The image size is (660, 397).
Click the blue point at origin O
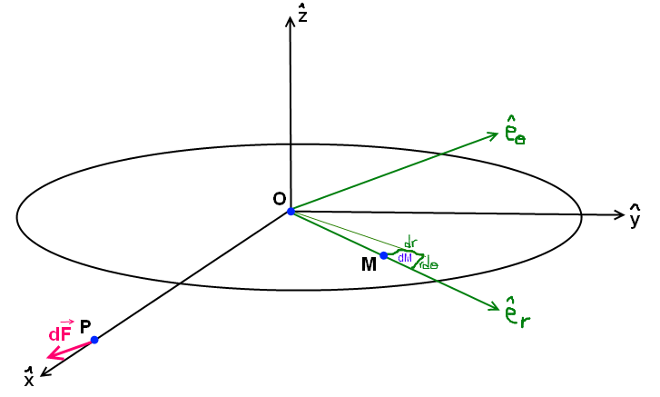point(291,212)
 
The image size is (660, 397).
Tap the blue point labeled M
point(384,255)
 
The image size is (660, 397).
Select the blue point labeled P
point(94,340)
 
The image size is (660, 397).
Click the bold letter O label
point(279,199)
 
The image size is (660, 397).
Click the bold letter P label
point(85,326)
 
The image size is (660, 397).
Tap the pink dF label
point(60,332)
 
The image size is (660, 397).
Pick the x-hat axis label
point(29,379)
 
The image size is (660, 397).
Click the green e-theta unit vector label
point(516,134)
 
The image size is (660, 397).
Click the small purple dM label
point(405,258)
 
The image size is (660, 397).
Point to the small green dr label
point(411,243)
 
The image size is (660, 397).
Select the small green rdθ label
point(428,265)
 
